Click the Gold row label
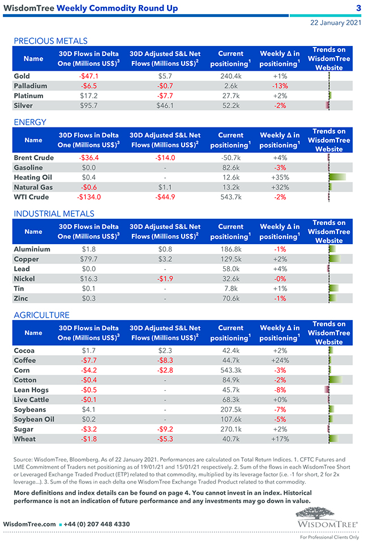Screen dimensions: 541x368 [22, 76]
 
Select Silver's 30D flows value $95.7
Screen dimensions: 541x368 [89, 105]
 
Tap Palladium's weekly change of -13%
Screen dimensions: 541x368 [280, 86]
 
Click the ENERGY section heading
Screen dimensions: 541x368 [30, 122]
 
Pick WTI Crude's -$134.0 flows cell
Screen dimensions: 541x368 [89, 197]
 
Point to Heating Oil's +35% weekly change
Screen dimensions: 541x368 [280, 177]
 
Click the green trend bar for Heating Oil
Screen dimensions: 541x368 [337, 177]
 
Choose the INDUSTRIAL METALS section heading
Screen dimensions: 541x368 [54, 214]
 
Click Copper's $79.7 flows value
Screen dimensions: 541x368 [89, 259]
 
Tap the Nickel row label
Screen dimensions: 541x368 [24, 279]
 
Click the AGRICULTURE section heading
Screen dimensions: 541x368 [42, 315]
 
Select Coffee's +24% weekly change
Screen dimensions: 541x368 [280, 360]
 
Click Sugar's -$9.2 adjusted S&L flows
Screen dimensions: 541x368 [165, 429]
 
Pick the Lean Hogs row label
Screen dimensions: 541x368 [31, 390]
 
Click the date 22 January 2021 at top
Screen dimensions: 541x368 [336, 23]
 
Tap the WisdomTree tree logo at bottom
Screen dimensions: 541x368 [327, 514]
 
